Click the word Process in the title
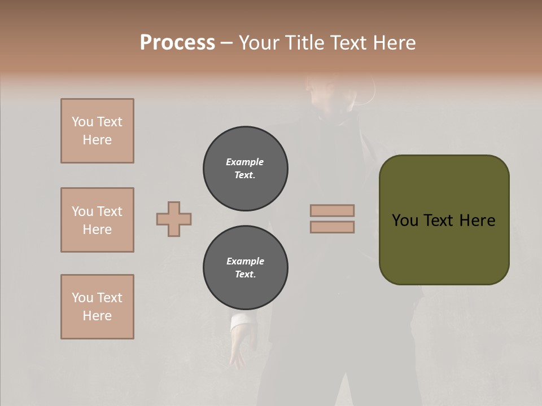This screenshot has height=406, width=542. (x=177, y=43)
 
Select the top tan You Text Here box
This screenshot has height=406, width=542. (x=97, y=131)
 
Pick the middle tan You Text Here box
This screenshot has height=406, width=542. (x=97, y=220)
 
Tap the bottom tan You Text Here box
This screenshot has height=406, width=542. (x=97, y=307)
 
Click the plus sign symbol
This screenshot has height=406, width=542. (x=174, y=219)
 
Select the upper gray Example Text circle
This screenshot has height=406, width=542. (x=245, y=169)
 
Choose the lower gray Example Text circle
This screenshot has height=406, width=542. (x=245, y=268)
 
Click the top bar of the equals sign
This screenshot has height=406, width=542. (x=332, y=210)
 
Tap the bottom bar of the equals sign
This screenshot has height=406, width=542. (x=332, y=227)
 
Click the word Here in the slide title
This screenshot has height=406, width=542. (x=395, y=43)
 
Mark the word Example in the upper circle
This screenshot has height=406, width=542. (x=245, y=162)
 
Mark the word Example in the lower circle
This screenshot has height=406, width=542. (x=245, y=261)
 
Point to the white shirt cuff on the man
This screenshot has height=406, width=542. (x=242, y=320)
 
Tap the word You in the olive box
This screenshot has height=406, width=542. (x=406, y=220)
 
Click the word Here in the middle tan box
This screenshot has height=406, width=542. (x=97, y=230)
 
